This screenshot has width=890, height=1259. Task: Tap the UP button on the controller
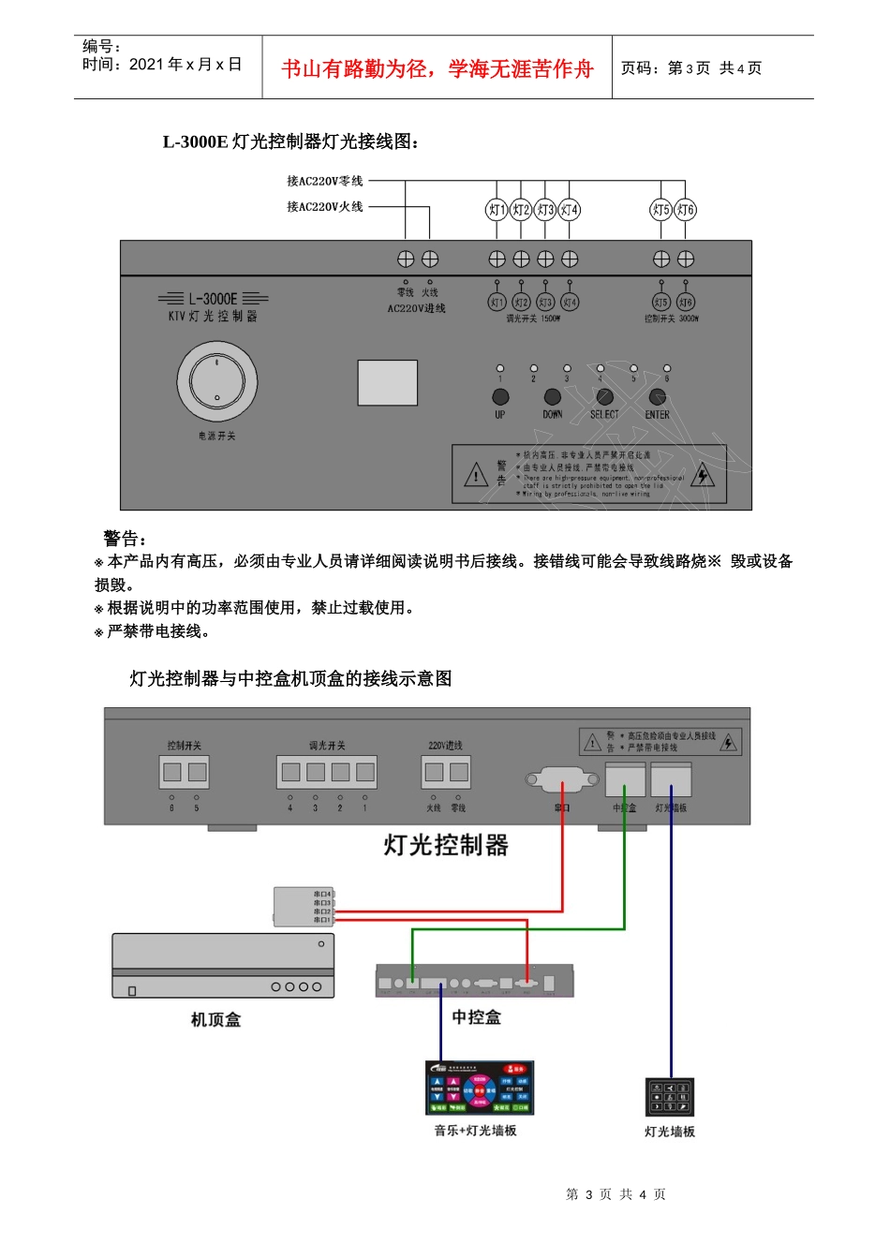pos(500,397)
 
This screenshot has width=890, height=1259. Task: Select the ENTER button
pos(658,397)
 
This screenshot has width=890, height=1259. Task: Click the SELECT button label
pos(604,414)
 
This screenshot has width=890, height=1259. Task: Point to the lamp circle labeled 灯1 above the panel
pos(497,210)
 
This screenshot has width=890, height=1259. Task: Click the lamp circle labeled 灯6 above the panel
pos(686,210)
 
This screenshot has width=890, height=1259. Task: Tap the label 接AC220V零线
pos(324,181)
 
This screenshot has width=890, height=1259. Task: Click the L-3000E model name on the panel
pos(213,299)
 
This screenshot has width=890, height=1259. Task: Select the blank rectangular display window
pos(387,383)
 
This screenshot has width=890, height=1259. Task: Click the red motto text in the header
pos(438,68)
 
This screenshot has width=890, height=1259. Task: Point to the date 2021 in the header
pos(146,65)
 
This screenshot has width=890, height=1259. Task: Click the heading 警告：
pos(125,539)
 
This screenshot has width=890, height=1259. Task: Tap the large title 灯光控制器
pos(446,845)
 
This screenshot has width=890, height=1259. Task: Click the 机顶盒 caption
pos(216,1019)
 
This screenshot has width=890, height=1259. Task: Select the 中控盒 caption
pos(476,1017)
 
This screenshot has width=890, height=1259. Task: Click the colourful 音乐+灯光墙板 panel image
pos(480,1088)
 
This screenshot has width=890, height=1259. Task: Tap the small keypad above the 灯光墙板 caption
pos(670,1097)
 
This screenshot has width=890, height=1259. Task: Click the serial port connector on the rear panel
pos(562,779)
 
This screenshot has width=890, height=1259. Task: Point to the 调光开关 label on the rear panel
pos(327,746)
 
